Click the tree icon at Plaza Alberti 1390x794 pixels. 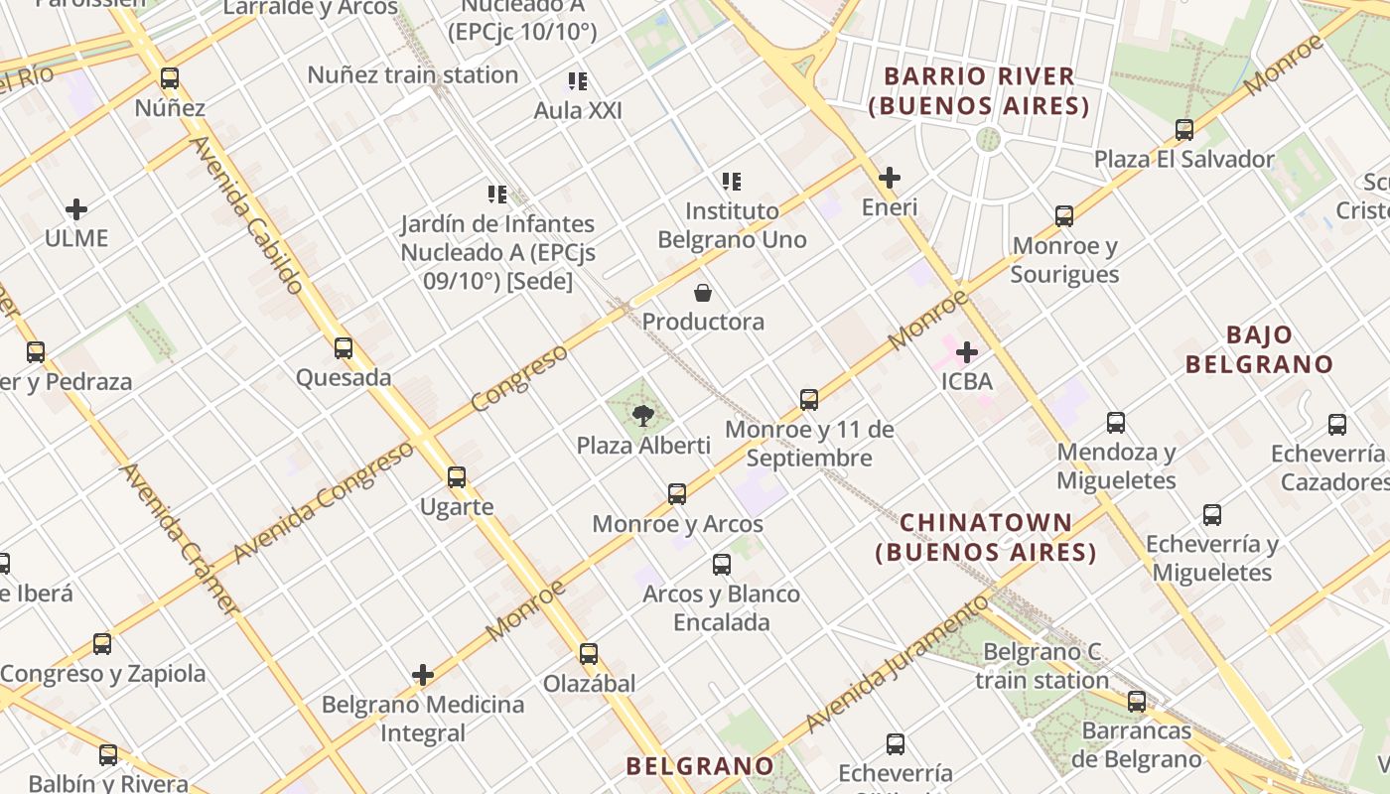[x=643, y=415]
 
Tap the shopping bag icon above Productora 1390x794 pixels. [x=703, y=293]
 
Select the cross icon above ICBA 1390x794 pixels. [x=967, y=352]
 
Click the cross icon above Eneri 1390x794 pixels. [x=890, y=179]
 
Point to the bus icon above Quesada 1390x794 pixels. [x=344, y=348]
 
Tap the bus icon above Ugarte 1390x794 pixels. [x=457, y=477]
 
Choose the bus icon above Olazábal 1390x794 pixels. [x=589, y=654]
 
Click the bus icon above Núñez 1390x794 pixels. [x=170, y=78]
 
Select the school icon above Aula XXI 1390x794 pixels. [x=578, y=81]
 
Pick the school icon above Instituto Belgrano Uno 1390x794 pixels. [x=732, y=182]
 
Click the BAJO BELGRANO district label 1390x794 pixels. [x=1259, y=349]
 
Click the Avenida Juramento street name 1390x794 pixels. [x=898, y=663]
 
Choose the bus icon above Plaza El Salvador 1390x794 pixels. [x=1183, y=130]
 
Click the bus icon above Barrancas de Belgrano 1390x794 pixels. [x=1137, y=702]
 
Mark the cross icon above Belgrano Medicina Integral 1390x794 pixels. [x=423, y=676]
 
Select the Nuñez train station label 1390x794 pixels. [x=412, y=75]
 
